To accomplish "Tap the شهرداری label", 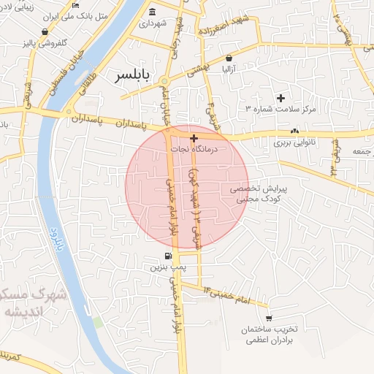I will (x=153, y=23).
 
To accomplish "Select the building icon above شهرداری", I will (x=152, y=12).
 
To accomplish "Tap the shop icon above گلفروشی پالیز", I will (x=46, y=32).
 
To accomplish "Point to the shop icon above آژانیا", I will (x=229, y=57).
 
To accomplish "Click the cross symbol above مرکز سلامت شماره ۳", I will (x=280, y=98).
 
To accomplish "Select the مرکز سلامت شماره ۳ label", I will (x=281, y=109).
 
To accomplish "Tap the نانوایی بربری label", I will (x=293, y=143).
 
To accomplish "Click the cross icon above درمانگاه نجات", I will (x=194, y=137).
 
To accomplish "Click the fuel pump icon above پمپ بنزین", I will (x=169, y=256).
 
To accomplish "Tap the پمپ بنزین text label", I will (x=165, y=267).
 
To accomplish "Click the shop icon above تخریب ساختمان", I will (x=269, y=318).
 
